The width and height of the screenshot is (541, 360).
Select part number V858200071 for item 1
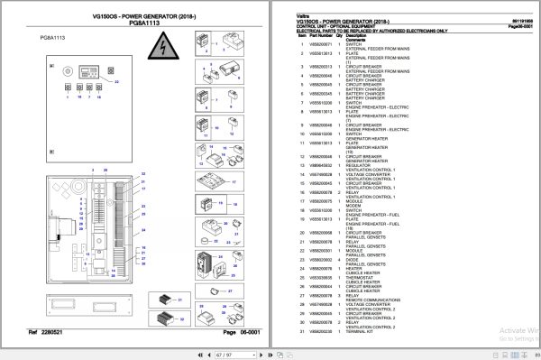point(322,43)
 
